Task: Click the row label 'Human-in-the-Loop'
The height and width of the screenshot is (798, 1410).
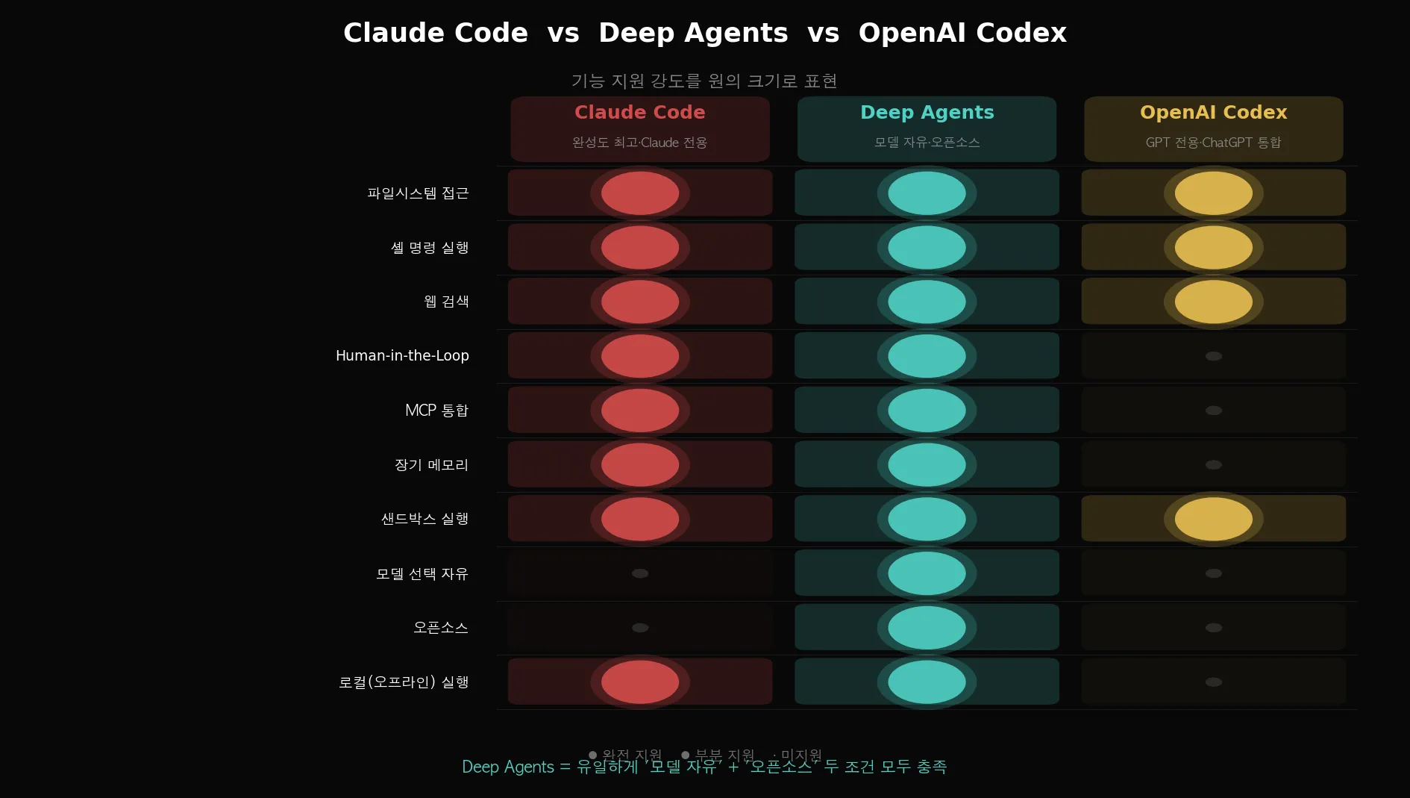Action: (x=402, y=356)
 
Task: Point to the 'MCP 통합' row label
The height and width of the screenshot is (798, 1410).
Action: (x=436, y=411)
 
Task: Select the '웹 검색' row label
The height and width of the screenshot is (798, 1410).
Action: (x=446, y=302)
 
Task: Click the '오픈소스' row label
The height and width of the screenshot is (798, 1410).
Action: (x=440, y=628)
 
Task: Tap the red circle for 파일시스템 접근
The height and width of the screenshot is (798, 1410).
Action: (x=640, y=193)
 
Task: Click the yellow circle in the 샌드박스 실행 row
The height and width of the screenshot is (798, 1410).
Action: (x=1213, y=519)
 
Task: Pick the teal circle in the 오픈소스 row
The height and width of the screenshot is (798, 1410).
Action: (x=927, y=628)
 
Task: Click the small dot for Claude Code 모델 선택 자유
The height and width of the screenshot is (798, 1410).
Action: (x=640, y=573)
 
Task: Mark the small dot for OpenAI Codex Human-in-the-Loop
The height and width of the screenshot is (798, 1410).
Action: (x=1214, y=356)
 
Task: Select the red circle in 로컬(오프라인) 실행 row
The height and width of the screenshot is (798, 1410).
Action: (x=640, y=682)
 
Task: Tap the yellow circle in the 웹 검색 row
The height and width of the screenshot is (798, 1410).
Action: (x=1213, y=302)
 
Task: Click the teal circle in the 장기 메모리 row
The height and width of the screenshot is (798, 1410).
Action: (x=927, y=465)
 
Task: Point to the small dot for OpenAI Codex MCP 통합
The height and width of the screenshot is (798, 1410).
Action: (x=1214, y=411)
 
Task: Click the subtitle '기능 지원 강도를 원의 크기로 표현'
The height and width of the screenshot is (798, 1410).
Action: (x=704, y=81)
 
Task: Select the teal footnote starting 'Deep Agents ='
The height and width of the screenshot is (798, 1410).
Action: (x=704, y=767)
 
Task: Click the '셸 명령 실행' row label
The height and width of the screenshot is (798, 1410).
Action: (x=430, y=248)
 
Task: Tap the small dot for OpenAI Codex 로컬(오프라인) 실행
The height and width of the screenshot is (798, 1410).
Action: (x=1214, y=682)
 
